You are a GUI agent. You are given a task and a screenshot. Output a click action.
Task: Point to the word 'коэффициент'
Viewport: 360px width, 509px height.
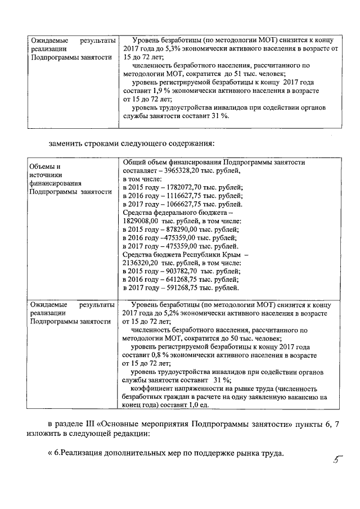pyautogui.click(x=152, y=388)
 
